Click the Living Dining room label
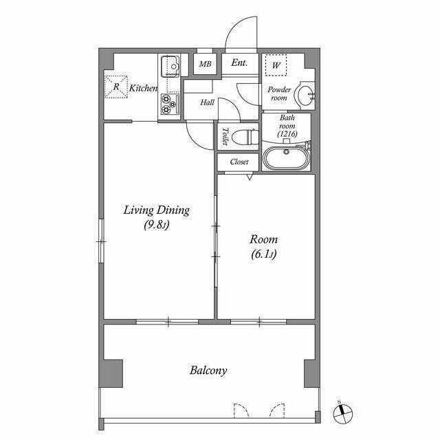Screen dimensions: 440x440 [156, 217]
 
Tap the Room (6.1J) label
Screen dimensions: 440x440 [263, 247]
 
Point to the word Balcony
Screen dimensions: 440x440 [208, 371]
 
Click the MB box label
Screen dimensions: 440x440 [205, 64]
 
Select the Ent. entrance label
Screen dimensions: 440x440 [239, 63]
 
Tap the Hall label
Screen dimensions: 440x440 [208, 102]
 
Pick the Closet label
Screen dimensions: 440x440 [239, 162]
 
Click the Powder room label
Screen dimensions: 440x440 [278, 93]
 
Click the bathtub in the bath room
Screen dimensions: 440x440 [286, 159]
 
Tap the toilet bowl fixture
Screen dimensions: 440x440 [243, 137]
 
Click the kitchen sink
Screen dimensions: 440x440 [170, 66]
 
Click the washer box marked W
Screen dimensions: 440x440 [277, 65]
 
